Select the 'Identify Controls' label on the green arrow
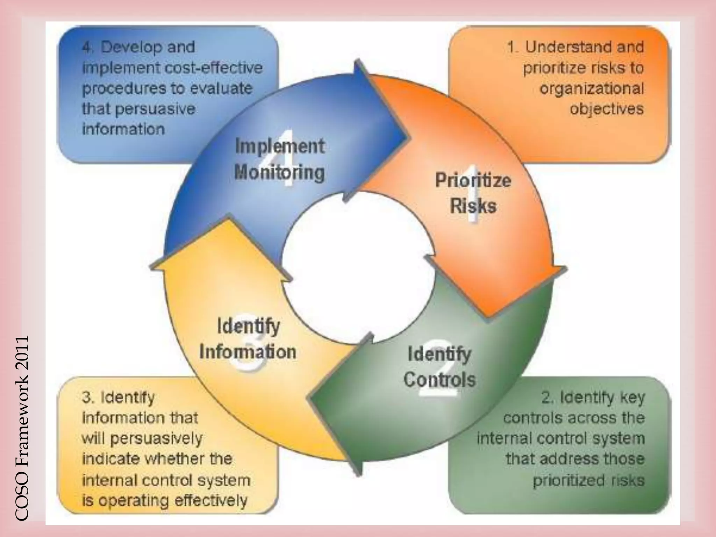pyautogui.click(x=439, y=367)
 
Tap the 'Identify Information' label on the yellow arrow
pyautogui.click(x=248, y=339)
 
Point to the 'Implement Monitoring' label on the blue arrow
pyautogui.click(x=280, y=159)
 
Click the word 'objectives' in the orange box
pyautogui.click(x=607, y=109)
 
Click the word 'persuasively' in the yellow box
pyautogui.click(x=156, y=439)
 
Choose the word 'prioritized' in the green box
pyautogui.click(x=568, y=480)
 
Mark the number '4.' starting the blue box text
pyautogui.click(x=88, y=47)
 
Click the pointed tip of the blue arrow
pyautogui.click(x=407, y=137)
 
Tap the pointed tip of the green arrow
pyautogui.click(x=309, y=398)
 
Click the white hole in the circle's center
pyautogui.click(x=358, y=267)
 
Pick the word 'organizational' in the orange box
pyautogui.click(x=592, y=88)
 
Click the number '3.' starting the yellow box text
pyautogui.click(x=87, y=398)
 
